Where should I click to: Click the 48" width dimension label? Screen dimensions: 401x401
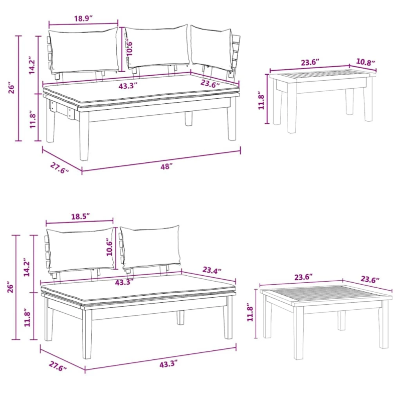[166, 167]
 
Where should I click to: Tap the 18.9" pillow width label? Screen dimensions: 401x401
[83, 19]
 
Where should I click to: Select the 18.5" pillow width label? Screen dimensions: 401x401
[81, 217]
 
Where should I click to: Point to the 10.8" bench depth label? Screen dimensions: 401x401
[365, 62]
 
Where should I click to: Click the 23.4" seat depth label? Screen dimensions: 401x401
[212, 270]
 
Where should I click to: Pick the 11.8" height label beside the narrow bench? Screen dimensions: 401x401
[261, 101]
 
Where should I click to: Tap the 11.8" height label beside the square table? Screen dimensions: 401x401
[250, 312]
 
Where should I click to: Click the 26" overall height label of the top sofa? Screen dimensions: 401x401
[12, 88]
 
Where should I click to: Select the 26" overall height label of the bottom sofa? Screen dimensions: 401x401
[10, 287]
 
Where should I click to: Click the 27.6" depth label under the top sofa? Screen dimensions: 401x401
[59, 168]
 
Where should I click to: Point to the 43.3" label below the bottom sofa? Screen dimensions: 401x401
[168, 364]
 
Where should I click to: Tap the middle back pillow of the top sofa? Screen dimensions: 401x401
[156, 47]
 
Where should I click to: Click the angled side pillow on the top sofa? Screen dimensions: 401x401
[212, 48]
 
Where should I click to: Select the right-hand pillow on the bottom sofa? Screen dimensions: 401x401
[150, 248]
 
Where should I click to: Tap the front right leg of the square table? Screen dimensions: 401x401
[383, 324]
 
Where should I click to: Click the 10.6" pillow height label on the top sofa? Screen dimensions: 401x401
[129, 47]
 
